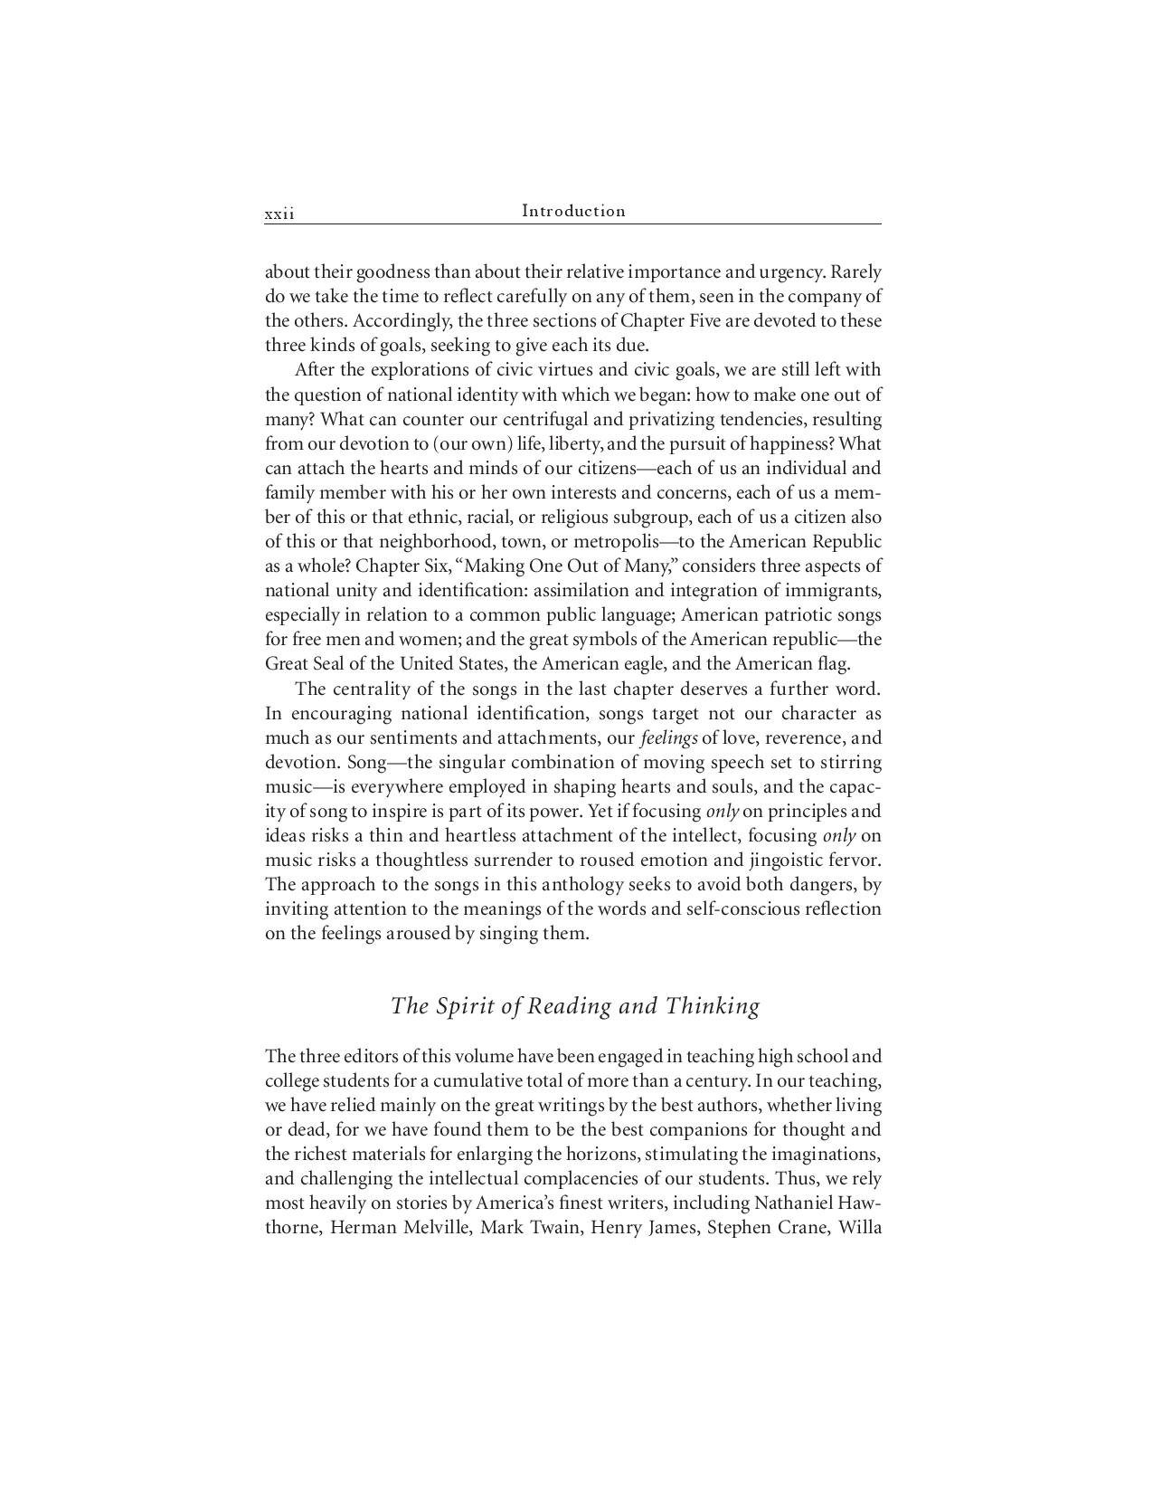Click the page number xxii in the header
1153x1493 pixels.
pos(279,214)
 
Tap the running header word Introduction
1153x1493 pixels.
pos(573,211)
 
